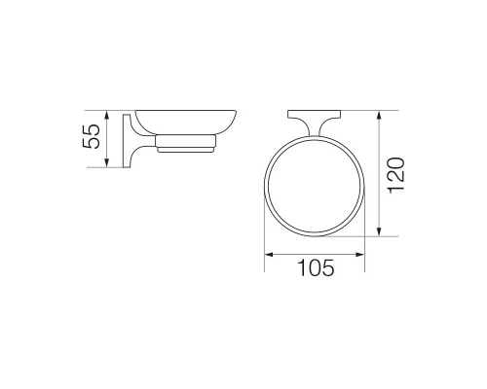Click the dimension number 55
pos(92,136)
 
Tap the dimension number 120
pos(396,175)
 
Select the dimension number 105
pos(316,267)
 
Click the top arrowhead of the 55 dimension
pos(106,115)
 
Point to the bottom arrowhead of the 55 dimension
pos(106,162)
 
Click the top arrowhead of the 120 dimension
pos(379,115)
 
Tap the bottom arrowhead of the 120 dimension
pos(379,231)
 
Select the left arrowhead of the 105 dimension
pos(269,255)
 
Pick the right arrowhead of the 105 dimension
pos(360,255)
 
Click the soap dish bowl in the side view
pos(186,123)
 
